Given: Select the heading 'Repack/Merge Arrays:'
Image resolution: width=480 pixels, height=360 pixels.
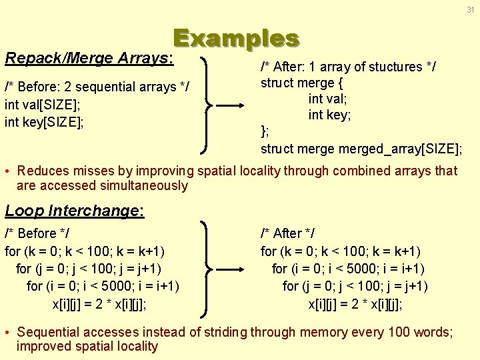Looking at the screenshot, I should pyautogui.click(x=89, y=58).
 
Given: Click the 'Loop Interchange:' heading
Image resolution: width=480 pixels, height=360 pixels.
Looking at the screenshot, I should pyautogui.click(x=74, y=211).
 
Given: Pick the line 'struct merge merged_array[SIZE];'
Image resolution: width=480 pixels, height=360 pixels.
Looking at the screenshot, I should pyautogui.click(x=361, y=147).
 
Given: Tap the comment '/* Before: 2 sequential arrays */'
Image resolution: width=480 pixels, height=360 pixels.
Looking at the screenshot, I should pyautogui.click(x=97, y=87).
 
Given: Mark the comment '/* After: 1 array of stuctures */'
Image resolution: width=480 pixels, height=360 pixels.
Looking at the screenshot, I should pyautogui.click(x=348, y=67).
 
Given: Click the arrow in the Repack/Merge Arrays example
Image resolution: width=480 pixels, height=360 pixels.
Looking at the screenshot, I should pyautogui.click(x=231, y=105).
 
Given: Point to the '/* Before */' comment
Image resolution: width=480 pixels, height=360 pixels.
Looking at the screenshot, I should pyautogui.click(x=37, y=233).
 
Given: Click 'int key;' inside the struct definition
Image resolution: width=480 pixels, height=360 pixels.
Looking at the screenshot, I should pyautogui.click(x=329, y=115).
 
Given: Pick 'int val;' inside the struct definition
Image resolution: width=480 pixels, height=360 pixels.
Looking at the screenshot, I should pyautogui.click(x=328, y=99).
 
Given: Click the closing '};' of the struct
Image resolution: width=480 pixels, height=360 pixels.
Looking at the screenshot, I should pyautogui.click(x=265, y=131).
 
